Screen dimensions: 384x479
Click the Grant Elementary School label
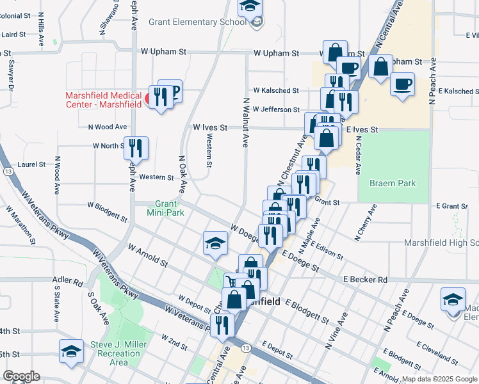pyautogui.click(x=197, y=22)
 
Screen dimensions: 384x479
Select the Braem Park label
pyautogui.click(x=392, y=183)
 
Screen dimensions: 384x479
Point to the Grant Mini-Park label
pyautogui.click(x=165, y=207)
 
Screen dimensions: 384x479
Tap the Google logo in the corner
pyautogui.click(x=21, y=376)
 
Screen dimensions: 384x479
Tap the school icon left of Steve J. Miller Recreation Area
pyautogui.click(x=71, y=350)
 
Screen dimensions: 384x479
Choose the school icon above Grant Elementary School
pyautogui.click(x=250, y=7)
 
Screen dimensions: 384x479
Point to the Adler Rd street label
pyautogui.click(x=69, y=282)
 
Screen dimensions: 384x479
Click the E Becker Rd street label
pyautogui.click(x=365, y=280)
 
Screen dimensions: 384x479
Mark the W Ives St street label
pyautogui.click(x=210, y=127)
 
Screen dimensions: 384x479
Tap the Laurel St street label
pyautogui.click(x=31, y=164)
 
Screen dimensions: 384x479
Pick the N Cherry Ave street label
pyautogui.click(x=366, y=223)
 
